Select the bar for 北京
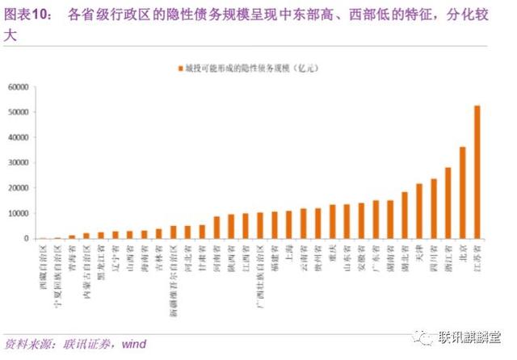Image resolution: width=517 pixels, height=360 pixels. [x=463, y=193]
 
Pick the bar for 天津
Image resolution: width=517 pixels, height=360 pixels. [x=419, y=211]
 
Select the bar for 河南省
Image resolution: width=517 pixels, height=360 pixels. [x=216, y=227]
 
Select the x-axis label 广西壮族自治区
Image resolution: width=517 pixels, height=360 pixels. [x=260, y=275]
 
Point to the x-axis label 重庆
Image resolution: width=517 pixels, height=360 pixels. [x=332, y=251]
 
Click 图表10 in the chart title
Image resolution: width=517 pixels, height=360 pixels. [x=25, y=14]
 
